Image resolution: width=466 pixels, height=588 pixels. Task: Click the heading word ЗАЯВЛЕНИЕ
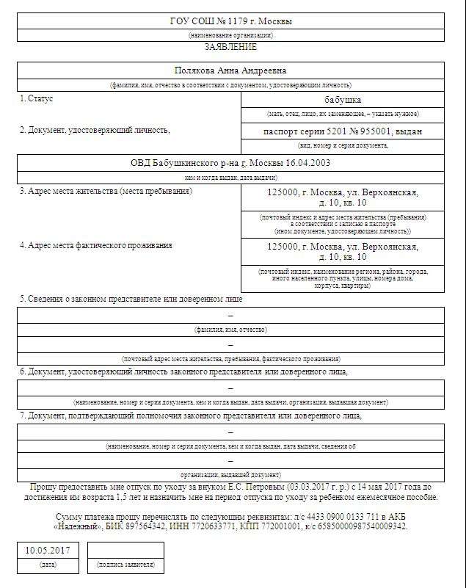[230, 47]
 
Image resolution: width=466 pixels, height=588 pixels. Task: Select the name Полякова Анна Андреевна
[230, 70]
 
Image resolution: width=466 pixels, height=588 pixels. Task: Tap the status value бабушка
[342, 100]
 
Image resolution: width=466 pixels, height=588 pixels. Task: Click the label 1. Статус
[37, 98]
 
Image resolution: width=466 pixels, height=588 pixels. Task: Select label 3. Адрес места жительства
[106, 191]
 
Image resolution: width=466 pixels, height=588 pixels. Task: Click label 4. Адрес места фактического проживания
[96, 245]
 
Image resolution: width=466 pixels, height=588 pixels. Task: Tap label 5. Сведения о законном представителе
[131, 299]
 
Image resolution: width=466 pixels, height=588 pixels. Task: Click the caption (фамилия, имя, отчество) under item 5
[230, 330]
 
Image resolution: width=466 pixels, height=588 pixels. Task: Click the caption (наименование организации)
[230, 35]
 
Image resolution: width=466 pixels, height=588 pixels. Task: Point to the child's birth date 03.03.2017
[311, 487]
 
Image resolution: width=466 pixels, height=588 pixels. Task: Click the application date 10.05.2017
[48, 550]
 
